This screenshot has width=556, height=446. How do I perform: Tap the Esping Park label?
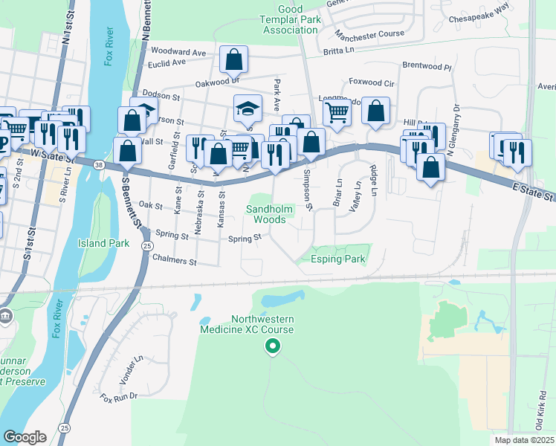point(339,259)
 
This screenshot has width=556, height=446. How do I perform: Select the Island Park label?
point(104,243)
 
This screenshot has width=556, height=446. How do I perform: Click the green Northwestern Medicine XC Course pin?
point(273,346)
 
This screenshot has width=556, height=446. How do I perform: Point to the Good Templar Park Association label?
point(290,19)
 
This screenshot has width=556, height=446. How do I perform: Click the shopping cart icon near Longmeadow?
point(337,112)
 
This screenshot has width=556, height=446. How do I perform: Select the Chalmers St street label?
point(173,262)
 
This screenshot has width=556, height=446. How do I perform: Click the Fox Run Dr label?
point(120,397)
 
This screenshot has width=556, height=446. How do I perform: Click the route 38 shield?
point(98,167)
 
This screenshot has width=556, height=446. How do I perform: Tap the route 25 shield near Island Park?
point(148,246)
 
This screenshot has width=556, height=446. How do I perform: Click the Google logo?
point(25,436)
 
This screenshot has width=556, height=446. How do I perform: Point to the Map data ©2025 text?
point(525,440)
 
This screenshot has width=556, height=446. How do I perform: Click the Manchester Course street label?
point(369,34)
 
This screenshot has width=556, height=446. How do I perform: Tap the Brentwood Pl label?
point(427,65)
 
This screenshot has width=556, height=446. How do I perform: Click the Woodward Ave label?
point(178,52)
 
